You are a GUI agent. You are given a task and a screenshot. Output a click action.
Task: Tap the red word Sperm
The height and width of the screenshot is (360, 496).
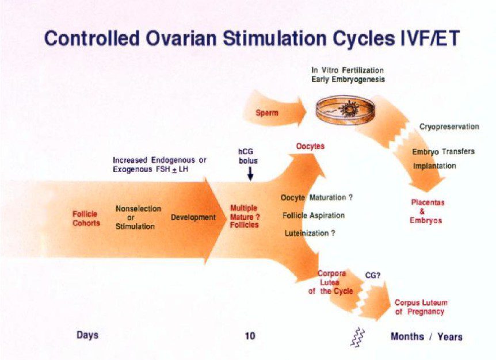tap(267, 113)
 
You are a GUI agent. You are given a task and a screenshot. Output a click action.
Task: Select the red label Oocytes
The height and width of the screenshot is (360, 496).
tap(310, 147)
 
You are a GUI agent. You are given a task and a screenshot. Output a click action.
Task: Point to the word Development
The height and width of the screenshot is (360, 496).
tap(193, 217)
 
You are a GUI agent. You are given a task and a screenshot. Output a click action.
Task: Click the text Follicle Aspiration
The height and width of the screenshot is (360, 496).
tap(314, 216)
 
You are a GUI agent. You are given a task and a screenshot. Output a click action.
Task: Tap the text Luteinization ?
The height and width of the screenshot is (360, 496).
tap(310, 233)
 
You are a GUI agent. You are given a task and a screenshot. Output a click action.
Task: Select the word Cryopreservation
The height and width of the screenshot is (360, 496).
tap(449, 127)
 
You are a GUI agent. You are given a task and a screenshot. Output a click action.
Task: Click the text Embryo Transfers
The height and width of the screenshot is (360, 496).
tap(443, 152)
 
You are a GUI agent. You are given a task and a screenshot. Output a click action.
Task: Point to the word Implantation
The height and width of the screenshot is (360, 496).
tap(434, 166)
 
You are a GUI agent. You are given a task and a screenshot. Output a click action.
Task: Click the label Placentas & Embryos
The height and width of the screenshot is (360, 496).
tap(428, 211)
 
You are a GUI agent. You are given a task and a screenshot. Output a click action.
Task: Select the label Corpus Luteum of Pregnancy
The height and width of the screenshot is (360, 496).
tap(421, 307)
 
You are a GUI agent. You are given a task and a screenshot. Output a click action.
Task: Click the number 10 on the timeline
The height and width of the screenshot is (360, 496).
tap(250, 336)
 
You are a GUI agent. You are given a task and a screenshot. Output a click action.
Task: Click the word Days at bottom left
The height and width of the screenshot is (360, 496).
tap(87, 335)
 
